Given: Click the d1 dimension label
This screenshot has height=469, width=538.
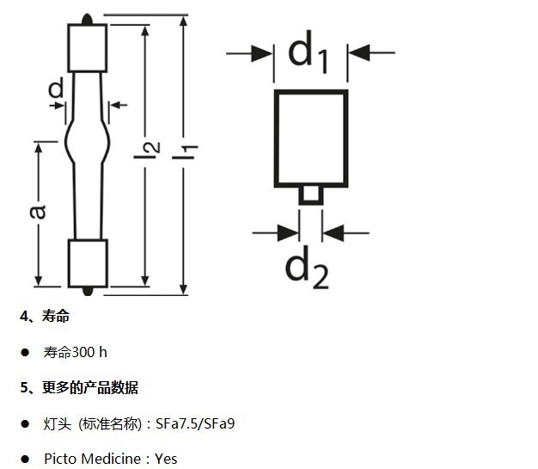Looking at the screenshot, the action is pos(309,52).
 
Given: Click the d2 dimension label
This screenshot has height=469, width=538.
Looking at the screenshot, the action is pos(307,267).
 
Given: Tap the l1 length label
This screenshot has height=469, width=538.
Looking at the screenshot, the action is pos(185,151).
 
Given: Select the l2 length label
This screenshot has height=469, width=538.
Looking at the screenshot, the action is pos(147,150).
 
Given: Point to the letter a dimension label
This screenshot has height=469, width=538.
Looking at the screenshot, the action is pos(37,212).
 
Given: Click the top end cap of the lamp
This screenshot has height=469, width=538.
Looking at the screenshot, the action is pos(87,47).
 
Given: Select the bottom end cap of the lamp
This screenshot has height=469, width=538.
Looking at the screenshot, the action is pos(88,263).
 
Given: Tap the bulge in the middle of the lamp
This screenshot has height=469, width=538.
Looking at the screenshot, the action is pos(88,141).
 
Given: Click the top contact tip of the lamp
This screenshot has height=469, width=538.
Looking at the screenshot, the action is pos(87,19).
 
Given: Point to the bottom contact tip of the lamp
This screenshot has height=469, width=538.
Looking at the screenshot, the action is pos(88,292).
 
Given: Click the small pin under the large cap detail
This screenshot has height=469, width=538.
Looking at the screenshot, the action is pos(311,196).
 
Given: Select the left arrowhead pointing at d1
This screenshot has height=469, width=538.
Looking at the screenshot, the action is pos(261,53).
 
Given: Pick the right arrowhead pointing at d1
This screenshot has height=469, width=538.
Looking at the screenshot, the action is pos(359,52).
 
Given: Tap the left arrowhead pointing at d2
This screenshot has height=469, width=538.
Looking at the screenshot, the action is pos(288,233).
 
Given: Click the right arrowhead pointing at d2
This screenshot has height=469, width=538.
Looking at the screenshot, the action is pos(333,233).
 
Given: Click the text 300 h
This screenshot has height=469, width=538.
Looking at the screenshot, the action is pos(89,352).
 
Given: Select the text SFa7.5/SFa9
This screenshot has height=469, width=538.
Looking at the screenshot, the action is pos(195,423).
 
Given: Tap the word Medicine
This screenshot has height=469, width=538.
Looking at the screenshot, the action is pos(112,459).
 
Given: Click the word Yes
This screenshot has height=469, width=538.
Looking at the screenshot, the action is pos(166,459).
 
